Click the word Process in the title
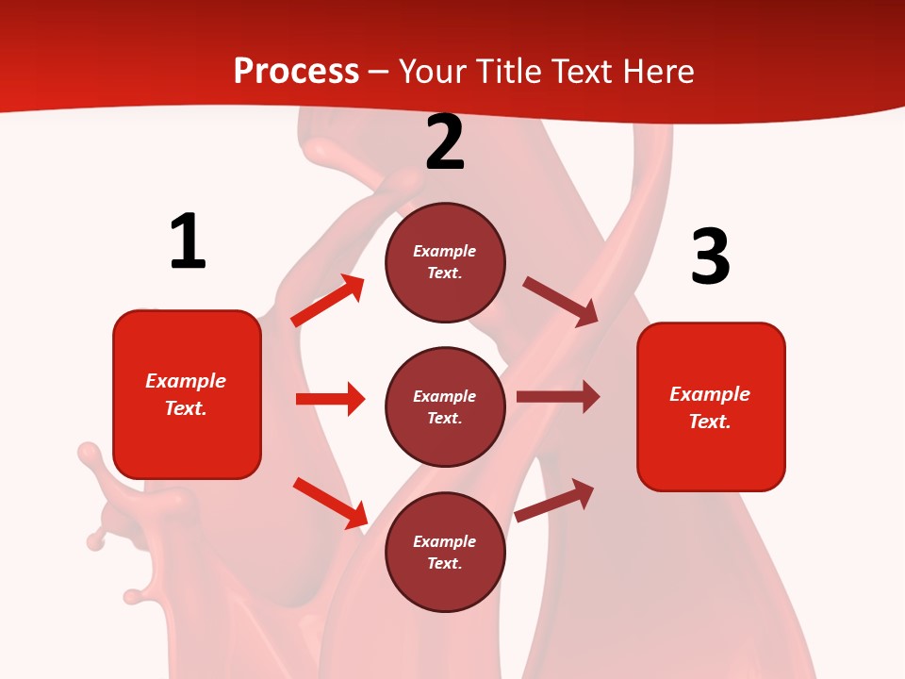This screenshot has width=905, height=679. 296,72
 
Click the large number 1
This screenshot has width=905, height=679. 188,241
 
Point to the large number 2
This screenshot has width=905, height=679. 445,142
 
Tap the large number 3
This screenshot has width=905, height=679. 710,257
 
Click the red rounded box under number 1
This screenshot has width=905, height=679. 187,394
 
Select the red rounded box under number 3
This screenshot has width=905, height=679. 711,407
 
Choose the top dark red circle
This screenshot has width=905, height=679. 445,262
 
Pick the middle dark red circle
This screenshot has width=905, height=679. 445,407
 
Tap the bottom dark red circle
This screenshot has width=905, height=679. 445,553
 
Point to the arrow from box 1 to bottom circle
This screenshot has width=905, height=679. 330,503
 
